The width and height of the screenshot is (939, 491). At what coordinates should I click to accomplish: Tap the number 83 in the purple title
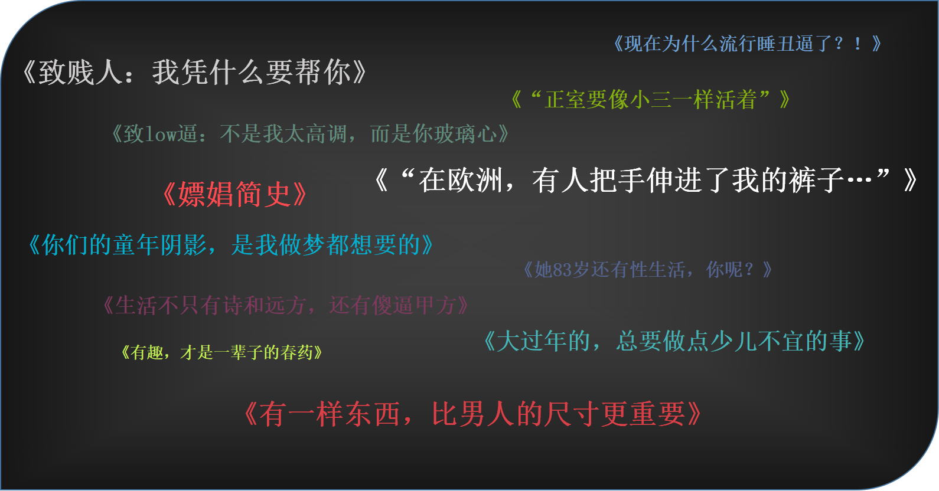pyautogui.click(x=562, y=270)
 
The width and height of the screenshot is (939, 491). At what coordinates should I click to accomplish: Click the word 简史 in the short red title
pyautogui.click(x=262, y=195)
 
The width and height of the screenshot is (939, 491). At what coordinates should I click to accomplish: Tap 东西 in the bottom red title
pyautogui.click(x=372, y=414)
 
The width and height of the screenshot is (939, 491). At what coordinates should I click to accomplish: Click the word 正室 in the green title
pyautogui.click(x=565, y=100)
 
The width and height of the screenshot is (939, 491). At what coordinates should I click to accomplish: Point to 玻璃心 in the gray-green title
pyautogui.click(x=466, y=135)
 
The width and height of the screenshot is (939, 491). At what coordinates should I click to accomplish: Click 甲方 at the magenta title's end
pyautogui.click(x=435, y=306)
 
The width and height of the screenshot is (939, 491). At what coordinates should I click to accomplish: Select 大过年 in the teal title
pyautogui.click(x=532, y=342)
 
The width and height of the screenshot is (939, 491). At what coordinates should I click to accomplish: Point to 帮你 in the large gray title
pyautogui.click(x=323, y=73)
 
